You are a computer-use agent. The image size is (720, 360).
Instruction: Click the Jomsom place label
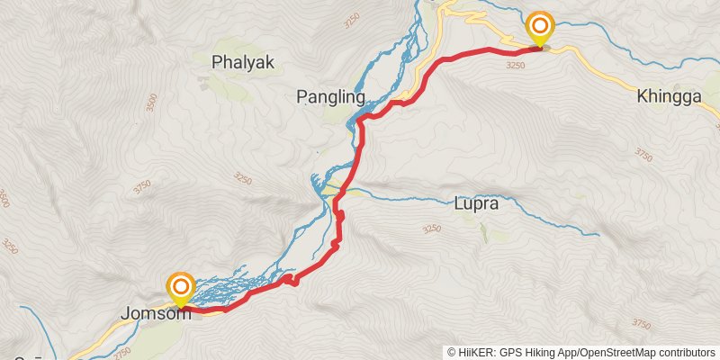(x=156, y=315)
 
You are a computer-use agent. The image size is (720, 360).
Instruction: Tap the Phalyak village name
(x=242, y=62)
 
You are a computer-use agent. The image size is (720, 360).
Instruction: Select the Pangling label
(x=330, y=96)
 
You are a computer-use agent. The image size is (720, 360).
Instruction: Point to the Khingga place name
(x=668, y=96)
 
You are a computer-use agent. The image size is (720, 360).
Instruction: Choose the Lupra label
(x=476, y=204)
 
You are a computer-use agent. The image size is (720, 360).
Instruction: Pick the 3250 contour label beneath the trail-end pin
(x=515, y=65)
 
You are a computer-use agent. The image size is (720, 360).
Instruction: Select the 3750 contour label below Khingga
(x=642, y=154)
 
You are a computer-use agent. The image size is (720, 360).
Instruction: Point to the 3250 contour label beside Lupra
(x=431, y=229)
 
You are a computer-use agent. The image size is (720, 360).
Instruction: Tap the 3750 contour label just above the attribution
(x=641, y=323)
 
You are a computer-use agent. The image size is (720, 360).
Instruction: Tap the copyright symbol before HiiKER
(x=453, y=351)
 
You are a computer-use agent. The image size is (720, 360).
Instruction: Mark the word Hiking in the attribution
(x=538, y=351)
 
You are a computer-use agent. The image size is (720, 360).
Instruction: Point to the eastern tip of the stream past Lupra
(x=598, y=235)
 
